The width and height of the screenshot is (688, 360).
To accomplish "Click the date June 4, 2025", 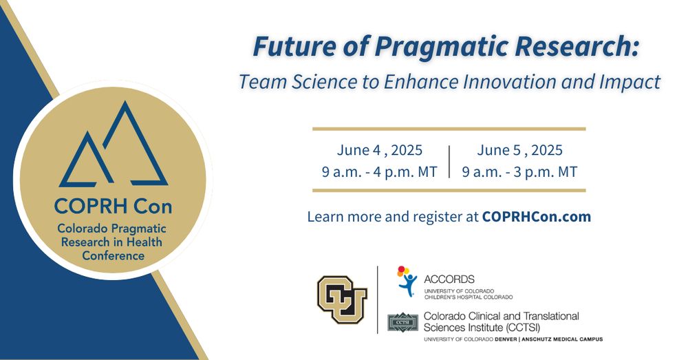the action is click(x=380, y=150).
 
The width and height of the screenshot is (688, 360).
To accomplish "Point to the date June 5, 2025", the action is click(x=519, y=150).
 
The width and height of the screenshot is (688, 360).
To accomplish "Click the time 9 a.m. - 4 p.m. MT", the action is click(x=380, y=171).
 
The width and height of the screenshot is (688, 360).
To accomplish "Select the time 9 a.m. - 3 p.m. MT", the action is click(x=519, y=171).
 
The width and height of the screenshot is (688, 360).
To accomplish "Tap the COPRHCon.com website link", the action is click(x=536, y=216).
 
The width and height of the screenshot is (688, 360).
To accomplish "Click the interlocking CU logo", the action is click(x=342, y=299).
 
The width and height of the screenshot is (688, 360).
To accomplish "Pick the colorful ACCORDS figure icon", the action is click(x=407, y=281).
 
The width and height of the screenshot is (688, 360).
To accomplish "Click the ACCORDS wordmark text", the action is click(x=449, y=279).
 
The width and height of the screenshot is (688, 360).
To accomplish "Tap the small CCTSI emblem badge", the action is click(x=402, y=322).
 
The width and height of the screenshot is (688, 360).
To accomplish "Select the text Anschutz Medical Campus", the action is click(x=562, y=339).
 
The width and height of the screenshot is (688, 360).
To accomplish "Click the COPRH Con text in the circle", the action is click(x=114, y=207).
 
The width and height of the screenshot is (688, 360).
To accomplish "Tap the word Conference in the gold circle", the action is click(x=114, y=255).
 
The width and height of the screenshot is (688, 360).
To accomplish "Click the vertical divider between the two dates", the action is click(x=449, y=162).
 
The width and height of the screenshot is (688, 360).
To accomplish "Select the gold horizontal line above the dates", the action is click(x=449, y=129).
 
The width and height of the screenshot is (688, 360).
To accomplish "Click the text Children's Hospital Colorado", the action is click(x=468, y=297).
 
